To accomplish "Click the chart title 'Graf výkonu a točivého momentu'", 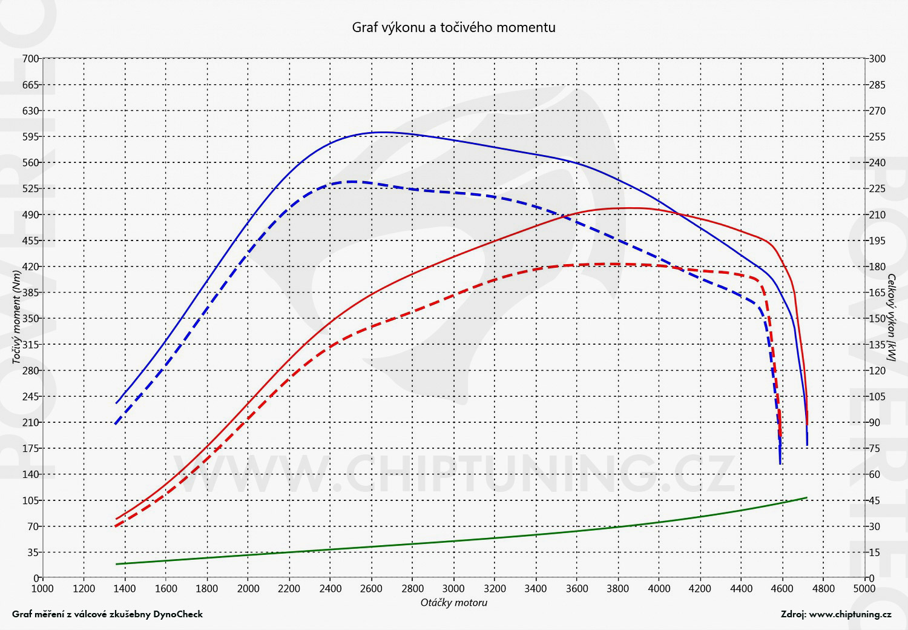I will pyautogui.click(x=453, y=27).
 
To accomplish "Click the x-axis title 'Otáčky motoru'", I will pyautogui.click(x=453, y=603).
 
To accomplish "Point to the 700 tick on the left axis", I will pyautogui.click(x=31, y=59).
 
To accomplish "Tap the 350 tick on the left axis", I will pyautogui.click(x=31, y=319).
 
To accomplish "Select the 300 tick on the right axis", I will pyautogui.click(x=877, y=59).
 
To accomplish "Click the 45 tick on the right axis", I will pyautogui.click(x=875, y=500).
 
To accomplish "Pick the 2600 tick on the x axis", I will pyautogui.click(x=371, y=588).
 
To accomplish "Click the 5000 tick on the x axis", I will pyautogui.click(x=864, y=588).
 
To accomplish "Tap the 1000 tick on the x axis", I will pyautogui.click(x=42, y=588).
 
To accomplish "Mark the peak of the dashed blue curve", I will pyautogui.click(x=351, y=181).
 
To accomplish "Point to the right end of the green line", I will pyautogui.click(x=806, y=498).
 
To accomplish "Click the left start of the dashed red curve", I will pyautogui.click(x=116, y=526).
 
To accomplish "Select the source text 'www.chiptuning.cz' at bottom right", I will pyautogui.click(x=850, y=614).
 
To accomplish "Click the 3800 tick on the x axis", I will pyautogui.click(x=618, y=588).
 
